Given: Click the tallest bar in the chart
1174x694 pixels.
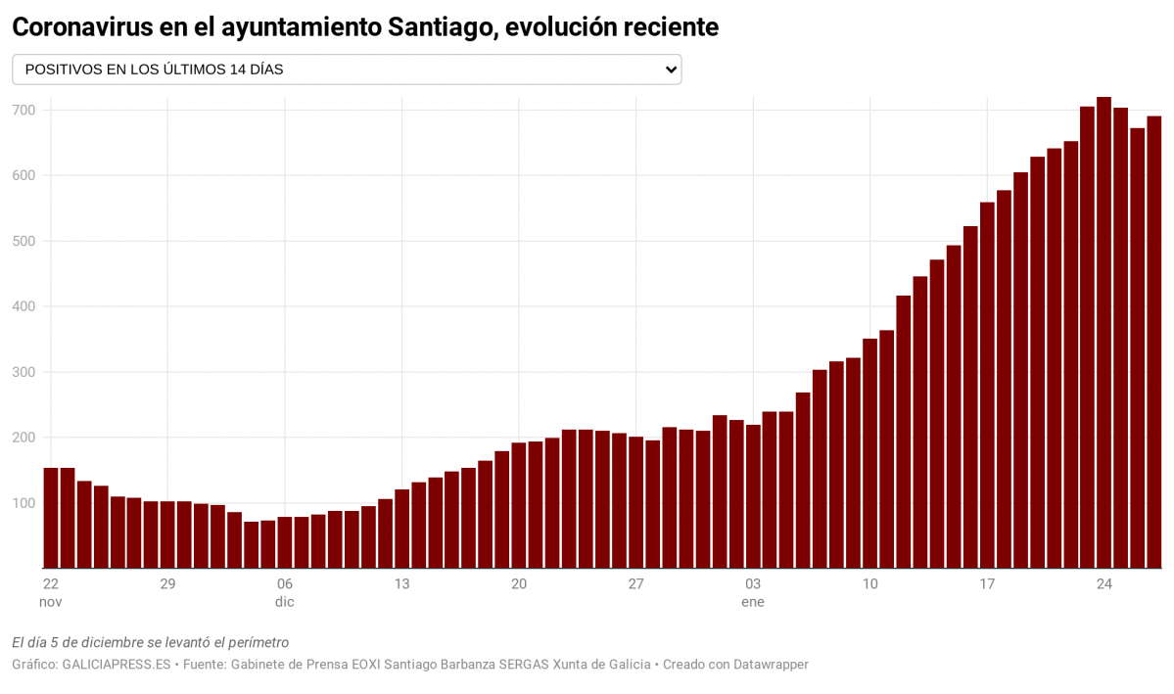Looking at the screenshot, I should (1104, 333).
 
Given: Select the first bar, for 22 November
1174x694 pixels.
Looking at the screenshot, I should (51, 518).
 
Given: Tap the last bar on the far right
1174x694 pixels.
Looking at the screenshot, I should (1153, 343).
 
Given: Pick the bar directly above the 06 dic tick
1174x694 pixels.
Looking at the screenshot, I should (285, 542).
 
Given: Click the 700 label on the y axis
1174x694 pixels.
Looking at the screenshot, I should (23, 110).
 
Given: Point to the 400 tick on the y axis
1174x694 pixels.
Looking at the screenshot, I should (23, 306).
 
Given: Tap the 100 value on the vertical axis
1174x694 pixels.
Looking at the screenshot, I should (23, 503).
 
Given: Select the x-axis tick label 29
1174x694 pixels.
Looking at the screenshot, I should (167, 584).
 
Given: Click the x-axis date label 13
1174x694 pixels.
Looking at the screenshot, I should (401, 584).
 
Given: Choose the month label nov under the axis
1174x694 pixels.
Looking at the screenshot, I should (51, 602).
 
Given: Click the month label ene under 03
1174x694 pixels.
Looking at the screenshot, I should (753, 602).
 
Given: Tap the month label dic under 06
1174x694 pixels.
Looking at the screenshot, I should (285, 602).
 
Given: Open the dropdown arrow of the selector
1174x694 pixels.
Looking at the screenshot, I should (671, 69).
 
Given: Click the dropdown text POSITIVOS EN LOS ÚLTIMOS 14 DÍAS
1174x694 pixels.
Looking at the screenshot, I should (154, 69).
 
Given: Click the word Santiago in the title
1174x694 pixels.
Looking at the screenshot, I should (441, 27).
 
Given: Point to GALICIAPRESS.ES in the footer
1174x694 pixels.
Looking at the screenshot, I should (117, 665).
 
